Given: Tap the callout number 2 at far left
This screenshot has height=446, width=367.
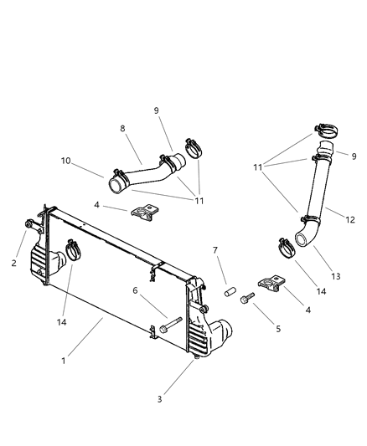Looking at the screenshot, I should point(13,262).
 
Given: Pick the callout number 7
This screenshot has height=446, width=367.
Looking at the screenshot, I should point(215,250).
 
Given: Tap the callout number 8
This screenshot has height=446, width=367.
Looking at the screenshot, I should point(123,129).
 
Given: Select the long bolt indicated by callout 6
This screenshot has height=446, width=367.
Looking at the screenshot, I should point(171,327).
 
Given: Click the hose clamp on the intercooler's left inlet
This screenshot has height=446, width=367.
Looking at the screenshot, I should point(71,249).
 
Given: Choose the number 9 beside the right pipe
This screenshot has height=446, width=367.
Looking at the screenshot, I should point(354,156).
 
